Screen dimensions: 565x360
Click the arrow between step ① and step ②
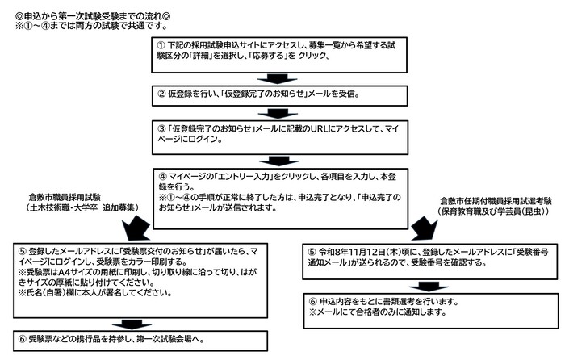click(x=277, y=79)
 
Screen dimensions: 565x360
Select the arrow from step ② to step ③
click(x=278, y=113)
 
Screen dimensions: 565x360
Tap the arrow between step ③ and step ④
click(x=278, y=161)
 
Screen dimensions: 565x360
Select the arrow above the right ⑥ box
click(x=429, y=287)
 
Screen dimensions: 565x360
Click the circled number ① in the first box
click(x=161, y=45)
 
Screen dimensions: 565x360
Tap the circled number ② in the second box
click(x=161, y=94)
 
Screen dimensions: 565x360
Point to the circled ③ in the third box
click(x=161, y=128)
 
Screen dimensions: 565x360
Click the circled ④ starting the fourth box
click(x=163, y=177)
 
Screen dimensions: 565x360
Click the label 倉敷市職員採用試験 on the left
click(x=65, y=198)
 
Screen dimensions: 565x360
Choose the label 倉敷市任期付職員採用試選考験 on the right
click(x=496, y=201)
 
